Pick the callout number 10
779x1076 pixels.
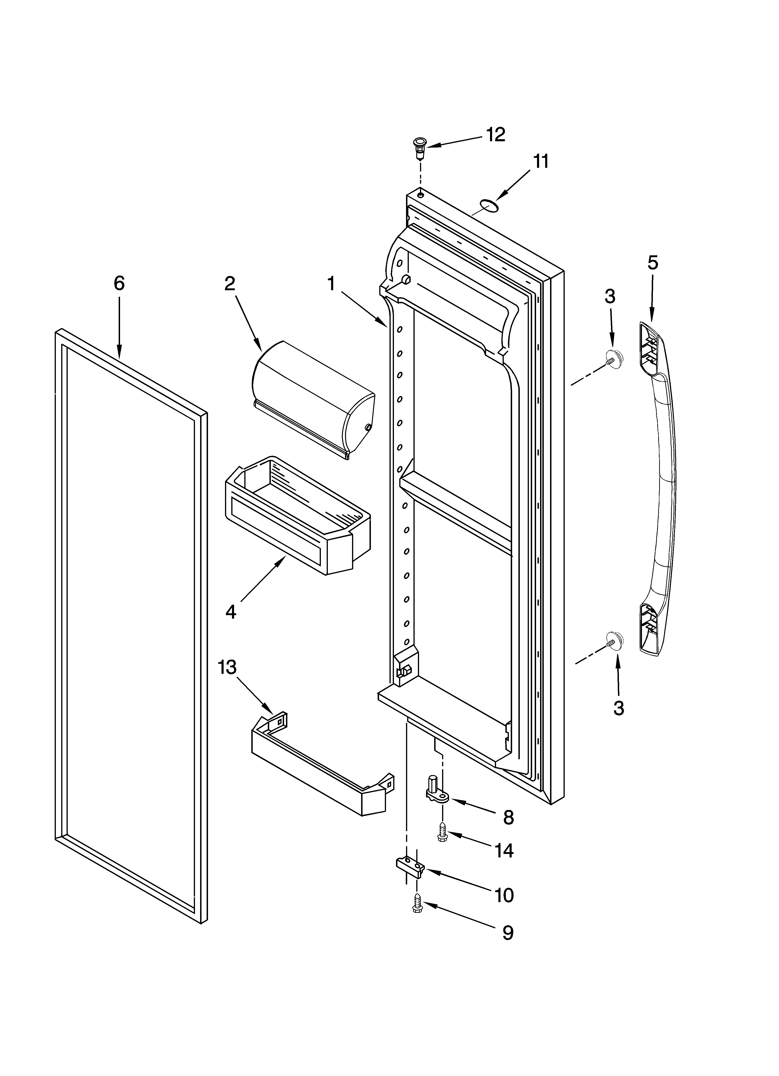[504, 896]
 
